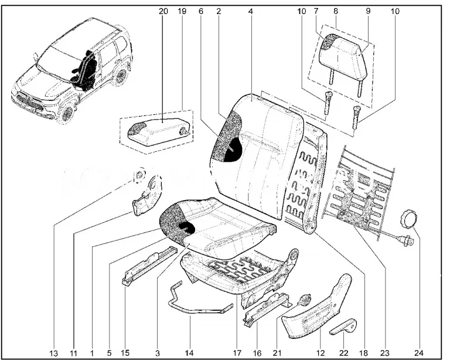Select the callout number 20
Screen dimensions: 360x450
[x=162, y=11]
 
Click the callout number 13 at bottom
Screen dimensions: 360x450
[x=54, y=353]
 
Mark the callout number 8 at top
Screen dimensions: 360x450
[x=336, y=11]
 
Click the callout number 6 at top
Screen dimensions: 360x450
[x=201, y=11]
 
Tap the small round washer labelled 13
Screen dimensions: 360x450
[x=139, y=174]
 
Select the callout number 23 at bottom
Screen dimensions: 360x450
[x=385, y=353]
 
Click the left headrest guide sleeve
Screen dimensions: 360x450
[x=326, y=106]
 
